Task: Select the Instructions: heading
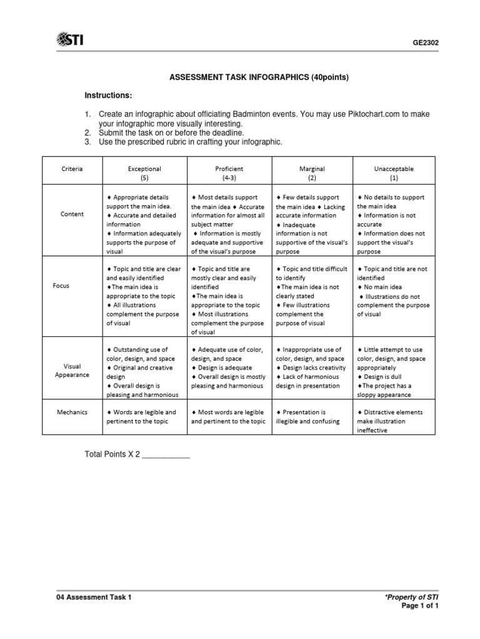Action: tap(109, 95)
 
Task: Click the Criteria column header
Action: tap(72, 168)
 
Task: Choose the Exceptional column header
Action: tap(144, 168)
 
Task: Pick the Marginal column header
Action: tap(312, 168)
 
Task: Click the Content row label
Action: tap(72, 214)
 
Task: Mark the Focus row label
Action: tap(61, 285)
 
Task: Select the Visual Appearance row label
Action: tap(72, 371)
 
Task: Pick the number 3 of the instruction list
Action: tap(87, 142)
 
